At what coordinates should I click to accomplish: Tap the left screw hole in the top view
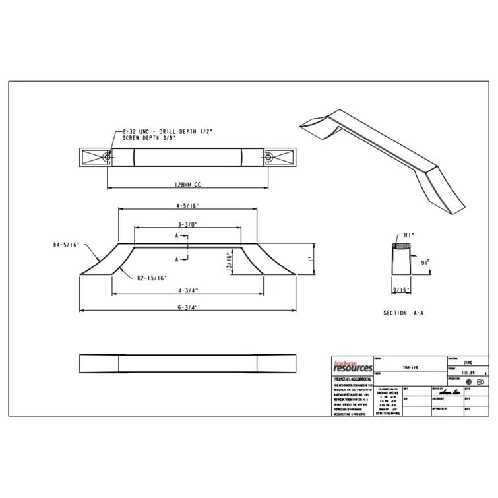tap(107, 157)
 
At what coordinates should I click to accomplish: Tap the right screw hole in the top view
tap(269, 157)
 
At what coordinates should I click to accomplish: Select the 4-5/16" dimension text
tap(187, 204)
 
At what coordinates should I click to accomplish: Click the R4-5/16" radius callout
tap(66, 245)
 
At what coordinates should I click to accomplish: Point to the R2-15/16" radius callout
tap(152, 278)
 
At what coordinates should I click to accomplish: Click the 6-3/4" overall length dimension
tap(187, 307)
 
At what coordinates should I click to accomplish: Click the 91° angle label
tap(425, 262)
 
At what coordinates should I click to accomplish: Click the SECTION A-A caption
tap(402, 313)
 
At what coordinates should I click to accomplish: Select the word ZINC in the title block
tap(469, 363)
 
